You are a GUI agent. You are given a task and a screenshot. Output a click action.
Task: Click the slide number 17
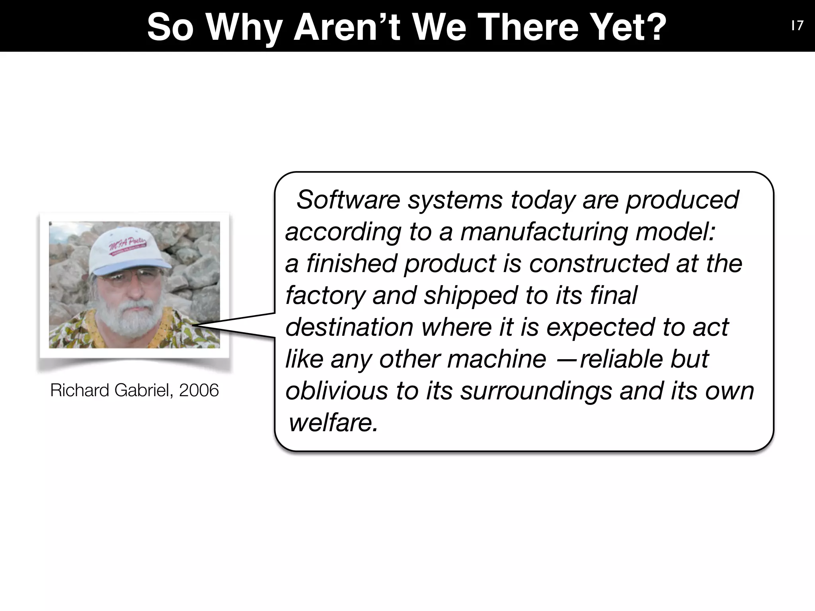(797, 26)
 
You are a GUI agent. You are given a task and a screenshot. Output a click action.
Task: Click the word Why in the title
(244, 27)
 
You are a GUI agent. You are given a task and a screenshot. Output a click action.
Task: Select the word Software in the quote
(348, 200)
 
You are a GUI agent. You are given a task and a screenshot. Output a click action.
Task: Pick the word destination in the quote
(349, 327)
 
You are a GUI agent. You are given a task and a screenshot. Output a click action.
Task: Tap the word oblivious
(336, 391)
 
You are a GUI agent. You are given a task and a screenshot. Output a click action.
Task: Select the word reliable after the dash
(621, 359)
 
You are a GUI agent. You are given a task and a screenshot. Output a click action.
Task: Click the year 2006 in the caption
(199, 390)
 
